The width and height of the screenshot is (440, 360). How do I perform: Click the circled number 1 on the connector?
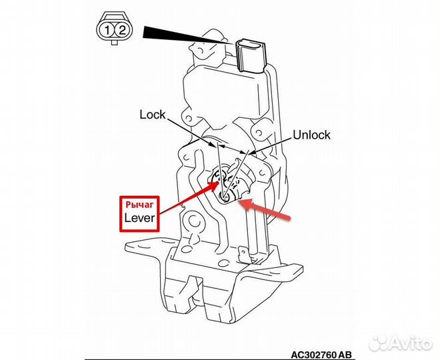107,30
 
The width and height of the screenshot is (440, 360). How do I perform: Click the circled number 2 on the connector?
121,30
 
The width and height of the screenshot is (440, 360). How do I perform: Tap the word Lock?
153,115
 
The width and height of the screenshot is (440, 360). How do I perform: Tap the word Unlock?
311,135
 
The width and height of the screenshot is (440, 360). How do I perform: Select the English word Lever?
139,218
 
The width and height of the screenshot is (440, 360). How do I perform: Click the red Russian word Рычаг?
139,205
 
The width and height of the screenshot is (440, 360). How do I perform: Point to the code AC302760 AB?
321,355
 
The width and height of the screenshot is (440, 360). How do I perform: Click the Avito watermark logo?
401,343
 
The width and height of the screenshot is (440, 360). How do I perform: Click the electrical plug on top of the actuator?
251,55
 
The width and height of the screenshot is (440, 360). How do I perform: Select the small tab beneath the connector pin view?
114,42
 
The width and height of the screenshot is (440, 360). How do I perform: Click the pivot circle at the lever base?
225,198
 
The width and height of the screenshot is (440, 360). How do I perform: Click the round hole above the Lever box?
193,221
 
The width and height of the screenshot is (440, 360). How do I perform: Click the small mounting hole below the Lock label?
189,118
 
